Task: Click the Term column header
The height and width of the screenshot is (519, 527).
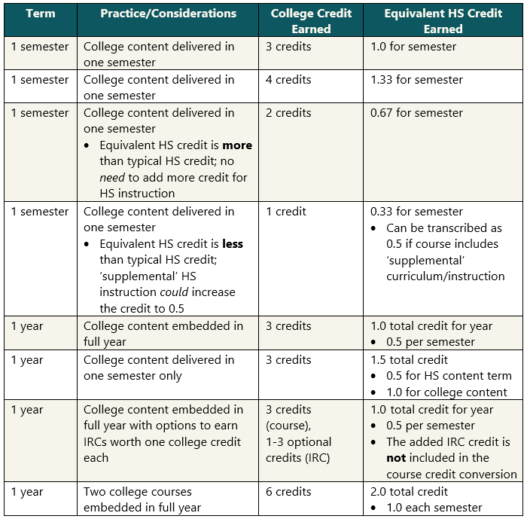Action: coord(40,14)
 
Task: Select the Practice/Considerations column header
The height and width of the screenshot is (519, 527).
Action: coord(168,14)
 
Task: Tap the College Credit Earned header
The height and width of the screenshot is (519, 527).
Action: coord(311,21)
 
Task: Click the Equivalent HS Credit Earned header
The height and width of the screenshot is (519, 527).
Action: coord(443,21)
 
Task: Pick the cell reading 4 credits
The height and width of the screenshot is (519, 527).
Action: coord(288,80)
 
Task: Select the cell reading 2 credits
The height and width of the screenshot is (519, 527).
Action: coord(288,113)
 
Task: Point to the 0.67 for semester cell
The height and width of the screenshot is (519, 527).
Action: coord(417,113)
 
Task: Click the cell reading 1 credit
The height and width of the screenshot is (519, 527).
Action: coord(286,212)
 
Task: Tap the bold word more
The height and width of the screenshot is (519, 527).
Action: coord(238,145)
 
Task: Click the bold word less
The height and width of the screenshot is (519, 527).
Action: coord(233,244)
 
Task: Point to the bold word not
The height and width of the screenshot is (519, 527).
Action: coord(396,458)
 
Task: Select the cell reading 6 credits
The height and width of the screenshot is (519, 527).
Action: coord(288,492)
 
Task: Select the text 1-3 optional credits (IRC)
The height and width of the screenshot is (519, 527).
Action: coord(299,450)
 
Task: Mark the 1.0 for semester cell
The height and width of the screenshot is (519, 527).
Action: coord(413,47)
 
